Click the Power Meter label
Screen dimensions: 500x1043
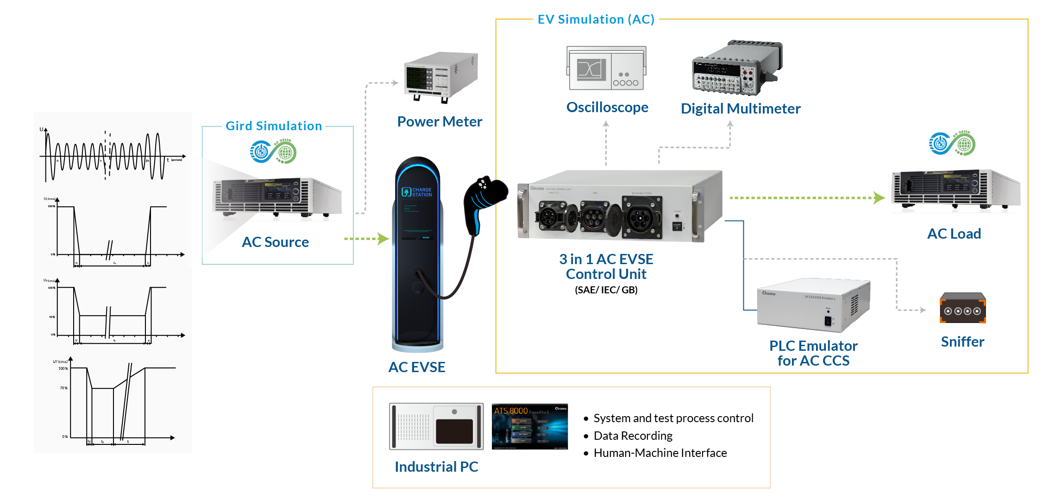pyautogui.click(x=439, y=121)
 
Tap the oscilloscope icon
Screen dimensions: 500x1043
pyautogui.click(x=606, y=68)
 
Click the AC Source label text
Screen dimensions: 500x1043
pyautogui.click(x=275, y=242)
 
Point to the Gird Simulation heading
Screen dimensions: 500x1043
pyautogui.click(x=273, y=126)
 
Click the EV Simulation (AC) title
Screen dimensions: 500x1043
pyautogui.click(x=596, y=19)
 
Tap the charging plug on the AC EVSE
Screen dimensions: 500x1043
pyautogui.click(x=484, y=199)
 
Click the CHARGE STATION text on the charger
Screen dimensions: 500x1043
pyautogui.click(x=421, y=192)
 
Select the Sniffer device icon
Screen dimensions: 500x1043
pyautogui.click(x=962, y=308)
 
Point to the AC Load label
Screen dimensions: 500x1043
pyautogui.click(x=954, y=234)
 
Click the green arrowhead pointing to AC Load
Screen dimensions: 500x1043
pyautogui.click(x=879, y=198)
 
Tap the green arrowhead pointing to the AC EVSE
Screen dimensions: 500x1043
pyautogui.click(x=383, y=239)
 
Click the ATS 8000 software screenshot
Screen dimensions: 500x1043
pyautogui.click(x=529, y=426)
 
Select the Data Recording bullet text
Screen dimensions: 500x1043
pyautogui.click(x=633, y=436)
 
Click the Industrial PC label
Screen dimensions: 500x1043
pyautogui.click(x=436, y=467)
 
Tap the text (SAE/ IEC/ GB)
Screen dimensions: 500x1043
pyautogui.click(x=606, y=290)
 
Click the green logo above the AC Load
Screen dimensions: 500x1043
pyautogui.click(x=952, y=144)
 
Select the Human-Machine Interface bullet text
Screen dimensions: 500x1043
pyautogui.click(x=660, y=453)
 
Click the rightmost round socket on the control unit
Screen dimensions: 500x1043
pyautogui.click(x=641, y=216)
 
